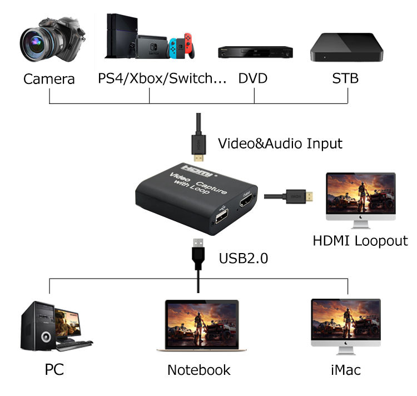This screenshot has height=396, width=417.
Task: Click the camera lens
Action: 38,43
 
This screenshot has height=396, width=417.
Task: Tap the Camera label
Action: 49,79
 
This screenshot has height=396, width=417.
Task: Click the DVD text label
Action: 253,78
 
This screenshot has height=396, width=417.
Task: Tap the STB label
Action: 345,78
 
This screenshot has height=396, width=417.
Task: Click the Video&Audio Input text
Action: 280,143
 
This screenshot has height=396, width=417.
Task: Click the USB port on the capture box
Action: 219,219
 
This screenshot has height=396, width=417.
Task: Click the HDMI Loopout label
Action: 360,241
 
